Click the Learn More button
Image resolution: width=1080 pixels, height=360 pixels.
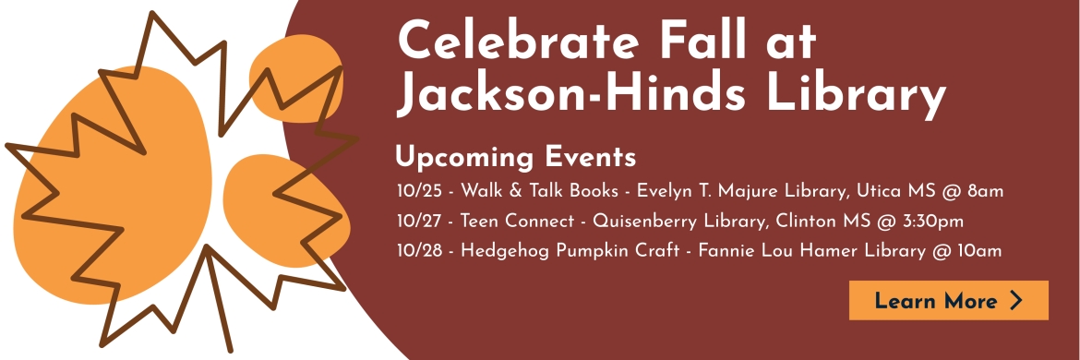(948, 300)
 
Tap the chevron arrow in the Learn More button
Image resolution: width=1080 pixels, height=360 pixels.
(1016, 300)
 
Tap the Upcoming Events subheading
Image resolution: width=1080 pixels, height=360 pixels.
(516, 158)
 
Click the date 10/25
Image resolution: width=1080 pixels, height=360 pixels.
(419, 191)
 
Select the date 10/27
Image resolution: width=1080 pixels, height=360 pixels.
(419, 221)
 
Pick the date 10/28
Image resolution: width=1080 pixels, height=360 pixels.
(419, 251)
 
